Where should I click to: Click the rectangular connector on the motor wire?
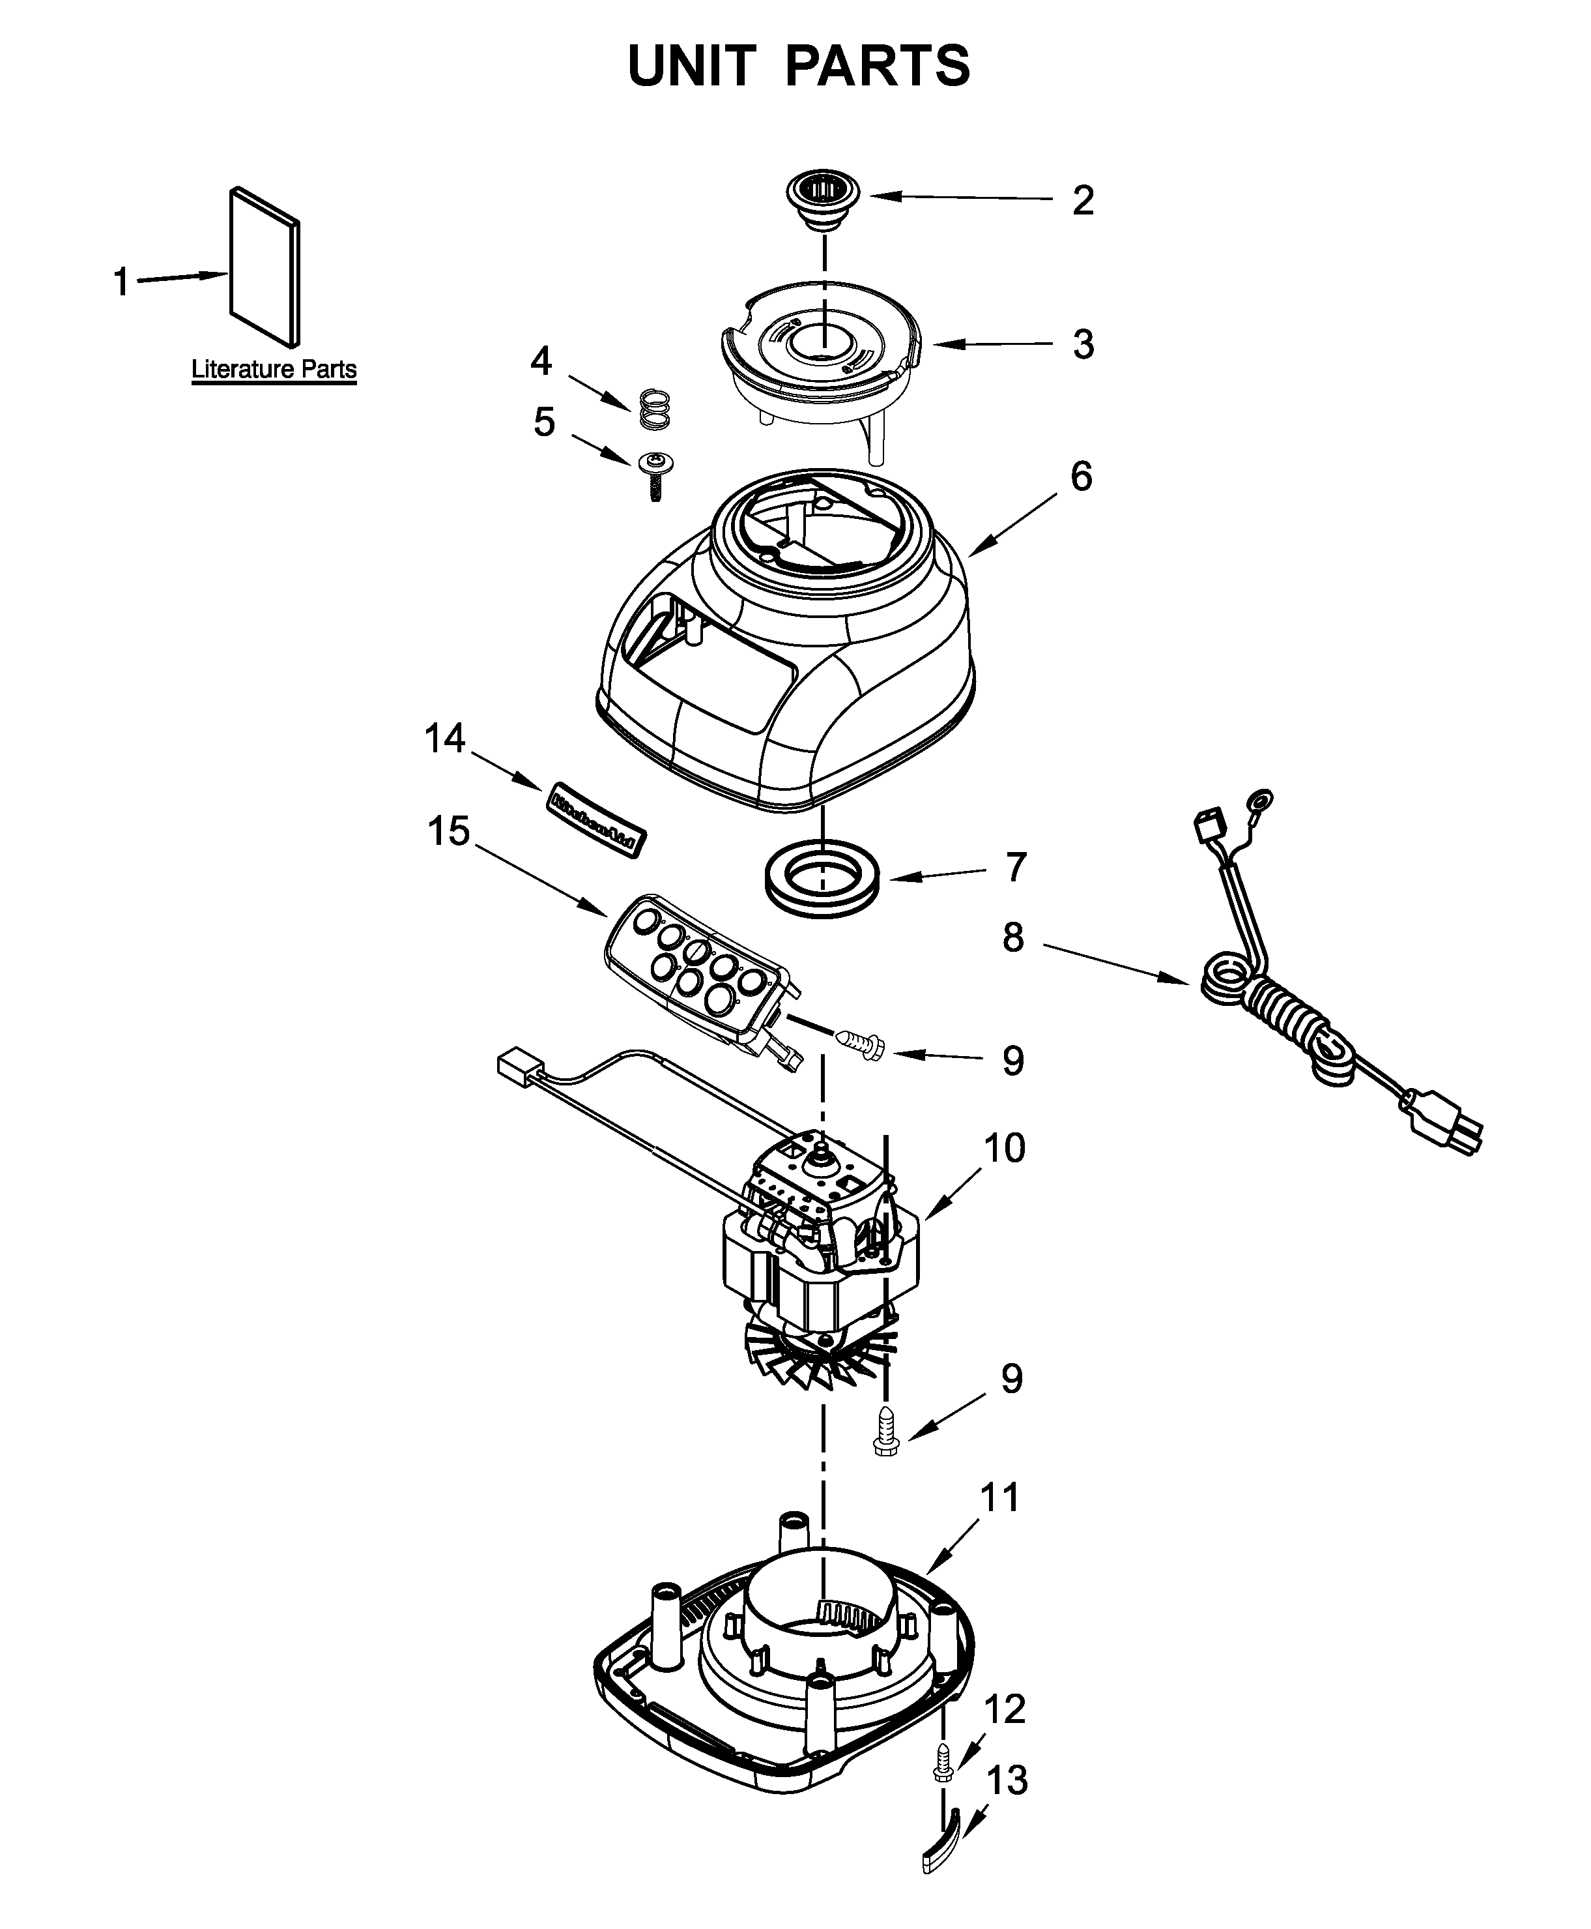[x=519, y=1069]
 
